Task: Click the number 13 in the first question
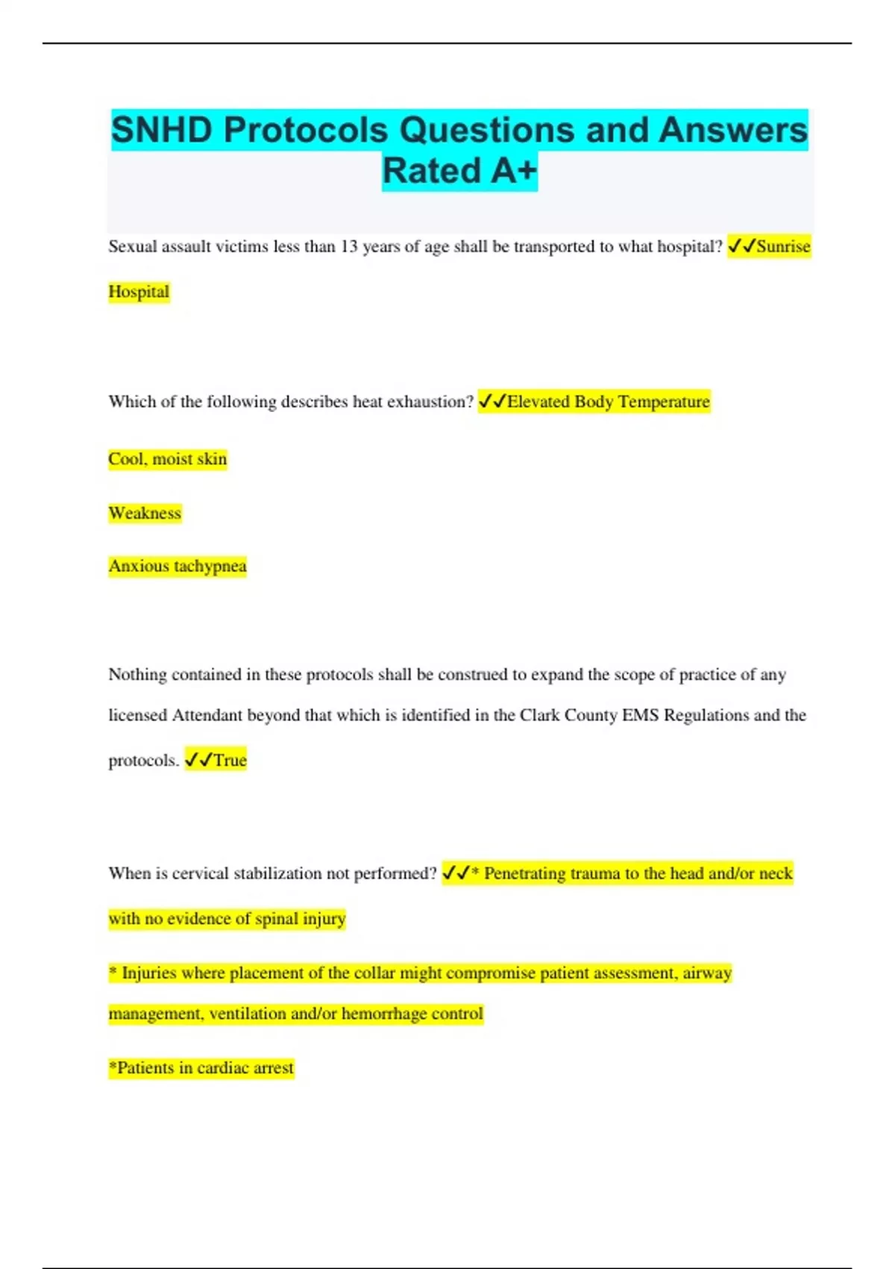(x=349, y=247)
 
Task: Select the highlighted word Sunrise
(x=782, y=247)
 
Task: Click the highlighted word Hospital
(x=139, y=292)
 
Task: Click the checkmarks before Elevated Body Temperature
(x=492, y=402)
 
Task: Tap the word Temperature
(x=664, y=402)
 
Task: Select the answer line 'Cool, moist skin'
(x=167, y=459)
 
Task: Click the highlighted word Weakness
(x=145, y=514)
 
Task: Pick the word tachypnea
(x=210, y=567)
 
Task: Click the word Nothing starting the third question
(x=137, y=675)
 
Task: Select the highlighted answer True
(x=230, y=761)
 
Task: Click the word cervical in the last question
(x=200, y=873)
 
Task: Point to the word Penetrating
(x=524, y=873)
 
